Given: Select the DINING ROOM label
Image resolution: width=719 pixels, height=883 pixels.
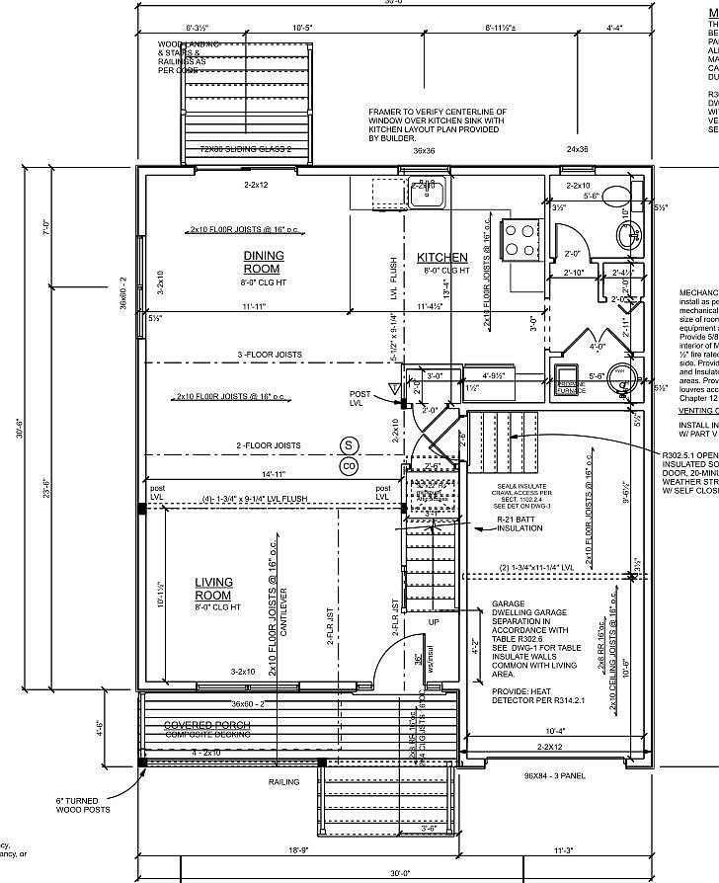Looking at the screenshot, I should click(264, 262).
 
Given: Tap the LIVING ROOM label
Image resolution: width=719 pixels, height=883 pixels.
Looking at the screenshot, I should click(213, 589).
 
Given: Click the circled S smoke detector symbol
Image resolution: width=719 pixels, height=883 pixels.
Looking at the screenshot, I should click(348, 445).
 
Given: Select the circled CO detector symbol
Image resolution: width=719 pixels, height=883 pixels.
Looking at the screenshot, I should click(348, 465).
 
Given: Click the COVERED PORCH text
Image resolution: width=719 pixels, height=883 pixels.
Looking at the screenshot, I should click(207, 725).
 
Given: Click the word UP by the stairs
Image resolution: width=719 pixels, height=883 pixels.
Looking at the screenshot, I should click(434, 621).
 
